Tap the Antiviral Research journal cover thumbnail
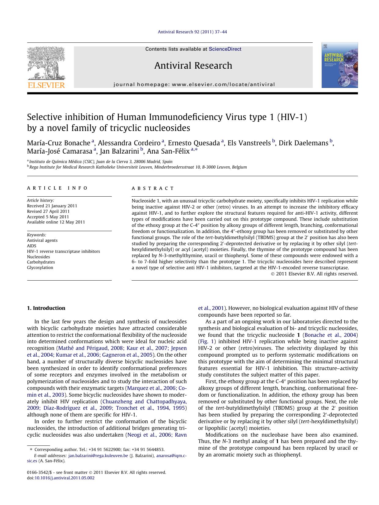tap(339, 65)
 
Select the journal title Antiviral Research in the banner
tap(193, 66)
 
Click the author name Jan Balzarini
tap(119, 151)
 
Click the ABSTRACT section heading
tap(153, 188)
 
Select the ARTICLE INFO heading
tap(57, 188)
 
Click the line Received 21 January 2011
tap(52, 206)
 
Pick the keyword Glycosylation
tap(40, 267)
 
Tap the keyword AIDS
tap(31, 246)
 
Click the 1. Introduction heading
tap(46, 308)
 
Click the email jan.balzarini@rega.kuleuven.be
tap(98, 456)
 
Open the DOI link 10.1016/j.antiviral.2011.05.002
tap(64, 478)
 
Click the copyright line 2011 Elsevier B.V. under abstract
tap(316, 274)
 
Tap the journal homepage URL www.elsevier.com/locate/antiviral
tap(223, 85)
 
